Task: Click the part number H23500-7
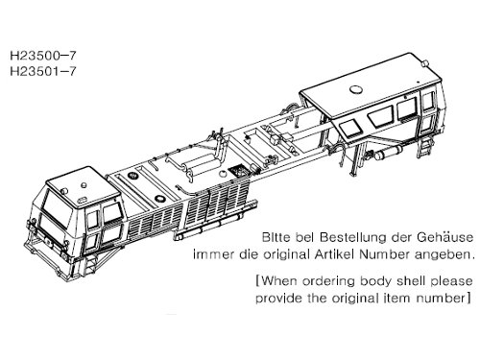click(x=43, y=56)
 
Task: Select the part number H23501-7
click(x=43, y=71)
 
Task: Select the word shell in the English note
click(x=411, y=281)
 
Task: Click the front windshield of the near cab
click(x=58, y=208)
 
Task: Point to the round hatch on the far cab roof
click(x=355, y=90)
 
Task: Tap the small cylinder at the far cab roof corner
click(x=425, y=63)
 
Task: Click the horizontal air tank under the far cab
click(x=389, y=153)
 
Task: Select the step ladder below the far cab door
click(x=424, y=146)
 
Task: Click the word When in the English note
click(x=279, y=281)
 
